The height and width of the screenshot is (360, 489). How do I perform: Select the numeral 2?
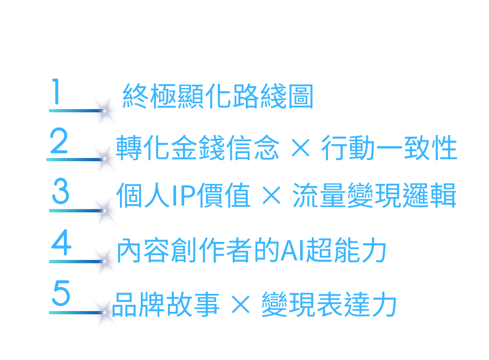pyautogui.click(x=59, y=142)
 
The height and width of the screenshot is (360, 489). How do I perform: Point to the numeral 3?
pyautogui.click(x=61, y=192)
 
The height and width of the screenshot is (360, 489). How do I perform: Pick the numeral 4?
pyautogui.click(x=61, y=244)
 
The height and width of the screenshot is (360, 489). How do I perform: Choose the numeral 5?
pyautogui.click(x=61, y=294)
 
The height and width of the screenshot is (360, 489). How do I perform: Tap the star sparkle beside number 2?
pyautogui.click(x=105, y=159)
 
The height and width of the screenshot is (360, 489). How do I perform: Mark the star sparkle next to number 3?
pyautogui.click(x=105, y=211)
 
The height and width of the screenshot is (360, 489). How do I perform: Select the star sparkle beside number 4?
pyautogui.click(x=105, y=261)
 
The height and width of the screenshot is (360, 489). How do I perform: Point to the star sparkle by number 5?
pyautogui.click(x=105, y=312)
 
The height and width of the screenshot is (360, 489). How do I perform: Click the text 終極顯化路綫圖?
pyautogui.click(x=218, y=96)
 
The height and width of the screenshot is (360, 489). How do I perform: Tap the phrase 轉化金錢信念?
pyautogui.click(x=198, y=148)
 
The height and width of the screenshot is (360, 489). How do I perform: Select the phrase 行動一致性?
pyautogui.click(x=389, y=148)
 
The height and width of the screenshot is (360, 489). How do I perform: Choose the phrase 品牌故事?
pyautogui.click(x=166, y=304)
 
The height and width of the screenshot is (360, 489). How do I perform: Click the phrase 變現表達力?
pyautogui.click(x=329, y=304)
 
